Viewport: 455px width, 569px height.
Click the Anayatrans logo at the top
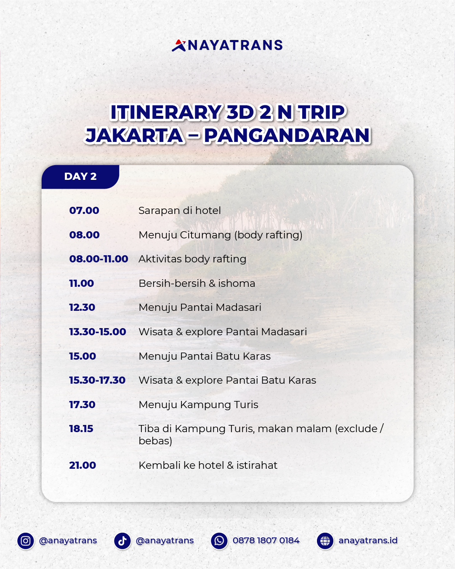227,45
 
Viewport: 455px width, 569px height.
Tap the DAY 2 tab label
80,176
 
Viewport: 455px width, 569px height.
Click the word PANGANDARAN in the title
287,136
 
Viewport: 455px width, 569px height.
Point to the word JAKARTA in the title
135,136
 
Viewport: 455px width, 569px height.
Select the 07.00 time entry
84,211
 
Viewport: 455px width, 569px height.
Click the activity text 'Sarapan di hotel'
180,211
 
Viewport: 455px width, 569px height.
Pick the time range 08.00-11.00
98,259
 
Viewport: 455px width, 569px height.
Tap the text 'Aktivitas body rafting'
192,259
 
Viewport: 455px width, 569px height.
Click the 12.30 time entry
82,307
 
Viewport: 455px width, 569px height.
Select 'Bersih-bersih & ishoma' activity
197,283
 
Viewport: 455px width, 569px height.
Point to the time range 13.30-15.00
98,332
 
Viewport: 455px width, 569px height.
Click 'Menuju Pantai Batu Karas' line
205,356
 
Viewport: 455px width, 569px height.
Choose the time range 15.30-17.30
97,380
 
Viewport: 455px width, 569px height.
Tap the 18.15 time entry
81,429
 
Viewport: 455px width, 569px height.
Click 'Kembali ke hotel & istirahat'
208,465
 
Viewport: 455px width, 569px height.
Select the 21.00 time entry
82,465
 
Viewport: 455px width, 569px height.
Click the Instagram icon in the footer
26,541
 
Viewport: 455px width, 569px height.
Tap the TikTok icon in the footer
122,541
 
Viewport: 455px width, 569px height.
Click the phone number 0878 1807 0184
266,540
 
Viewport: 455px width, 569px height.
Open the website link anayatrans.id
368,540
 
